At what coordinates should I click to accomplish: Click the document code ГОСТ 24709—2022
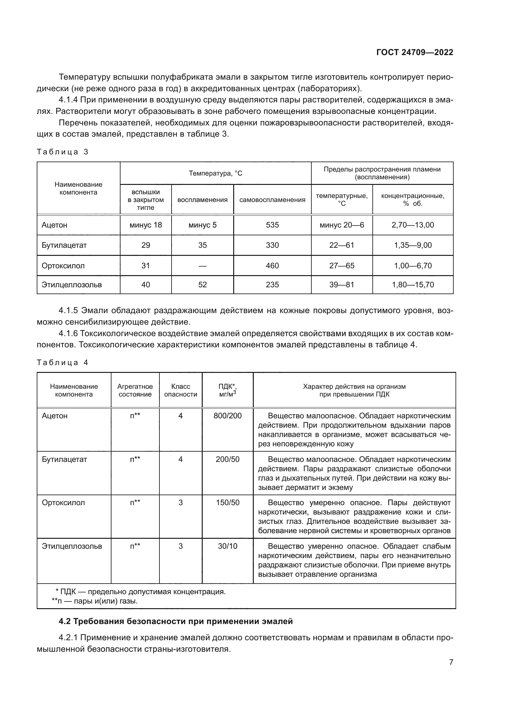click(415, 53)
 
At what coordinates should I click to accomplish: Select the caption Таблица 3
click(63, 152)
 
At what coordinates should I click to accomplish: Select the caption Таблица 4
click(63, 363)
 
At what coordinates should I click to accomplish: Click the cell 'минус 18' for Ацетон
click(145, 225)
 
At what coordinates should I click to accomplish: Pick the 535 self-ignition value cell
click(272, 225)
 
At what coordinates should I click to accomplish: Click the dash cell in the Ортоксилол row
click(202, 266)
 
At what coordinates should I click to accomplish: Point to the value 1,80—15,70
click(413, 285)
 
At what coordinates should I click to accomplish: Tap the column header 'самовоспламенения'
click(272, 200)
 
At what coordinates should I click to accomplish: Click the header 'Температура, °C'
click(215, 173)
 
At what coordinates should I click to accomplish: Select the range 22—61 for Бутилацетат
click(342, 245)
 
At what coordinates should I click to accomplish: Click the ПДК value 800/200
click(227, 416)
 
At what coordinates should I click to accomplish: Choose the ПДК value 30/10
click(227, 546)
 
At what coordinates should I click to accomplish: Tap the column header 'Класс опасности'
click(181, 390)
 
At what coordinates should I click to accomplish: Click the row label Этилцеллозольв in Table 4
click(72, 546)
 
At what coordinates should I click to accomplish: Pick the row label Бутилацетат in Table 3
click(64, 245)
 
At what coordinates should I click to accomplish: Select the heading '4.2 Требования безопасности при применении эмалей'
click(176, 621)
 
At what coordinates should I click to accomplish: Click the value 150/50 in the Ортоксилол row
click(227, 503)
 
